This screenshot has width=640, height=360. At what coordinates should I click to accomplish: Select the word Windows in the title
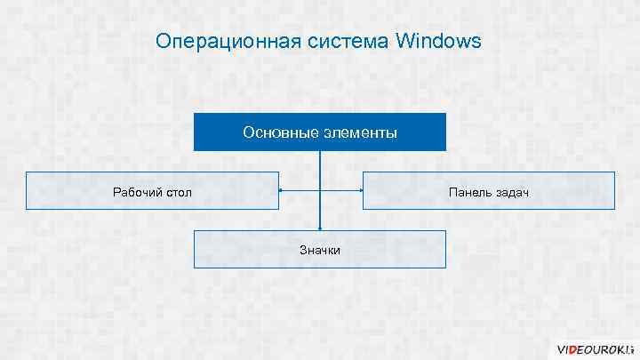tap(439, 42)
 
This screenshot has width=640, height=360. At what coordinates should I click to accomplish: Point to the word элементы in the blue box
tap(359, 132)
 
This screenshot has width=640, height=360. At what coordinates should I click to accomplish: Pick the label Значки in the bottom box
tap(320, 251)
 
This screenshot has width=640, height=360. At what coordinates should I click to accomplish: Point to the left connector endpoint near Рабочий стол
tap(280, 190)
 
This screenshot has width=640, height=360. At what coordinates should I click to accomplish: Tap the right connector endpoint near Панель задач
tap(361, 190)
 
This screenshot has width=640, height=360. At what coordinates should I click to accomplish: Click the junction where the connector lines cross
tap(320, 190)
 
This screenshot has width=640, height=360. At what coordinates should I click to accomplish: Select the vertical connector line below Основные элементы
tap(320, 169)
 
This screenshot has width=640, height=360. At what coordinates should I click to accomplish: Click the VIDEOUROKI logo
tap(594, 348)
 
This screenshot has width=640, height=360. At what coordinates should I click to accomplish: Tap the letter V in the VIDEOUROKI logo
tap(562, 348)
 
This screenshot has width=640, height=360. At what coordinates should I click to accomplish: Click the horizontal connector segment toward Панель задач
tap(341, 190)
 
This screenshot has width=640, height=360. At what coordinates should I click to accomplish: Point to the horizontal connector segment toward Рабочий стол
tap(300, 190)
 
